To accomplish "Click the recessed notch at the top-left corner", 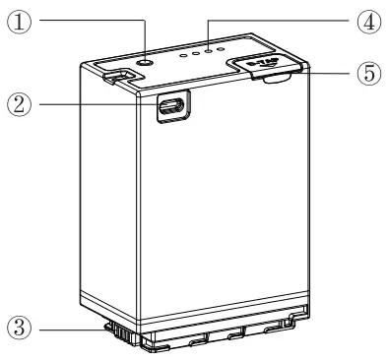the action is tap(115, 74).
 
